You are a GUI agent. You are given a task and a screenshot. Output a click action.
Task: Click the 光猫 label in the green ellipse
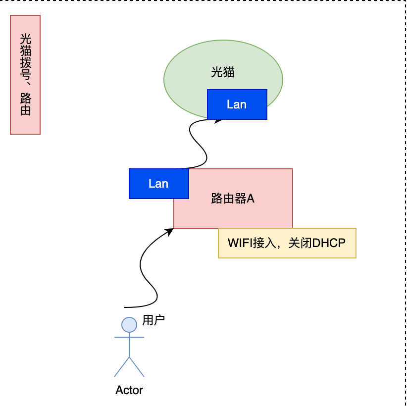pos(222,73)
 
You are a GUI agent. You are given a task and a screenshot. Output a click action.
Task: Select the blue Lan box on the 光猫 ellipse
pos(237,104)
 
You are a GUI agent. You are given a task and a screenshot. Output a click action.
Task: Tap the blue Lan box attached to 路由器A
pos(158,184)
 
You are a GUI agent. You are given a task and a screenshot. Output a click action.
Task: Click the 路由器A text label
pos(233,199)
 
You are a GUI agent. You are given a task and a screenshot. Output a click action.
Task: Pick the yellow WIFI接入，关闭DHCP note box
pos(287,243)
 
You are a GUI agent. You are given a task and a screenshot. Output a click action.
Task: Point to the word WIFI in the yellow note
pos(240,243)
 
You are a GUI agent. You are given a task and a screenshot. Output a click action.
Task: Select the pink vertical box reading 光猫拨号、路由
pos(25,75)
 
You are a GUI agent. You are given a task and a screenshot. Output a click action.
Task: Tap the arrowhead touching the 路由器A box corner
pos(170,230)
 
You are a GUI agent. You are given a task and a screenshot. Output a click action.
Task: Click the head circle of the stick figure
pos(129,324)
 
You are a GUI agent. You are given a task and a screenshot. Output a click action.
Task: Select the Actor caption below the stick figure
pos(129,390)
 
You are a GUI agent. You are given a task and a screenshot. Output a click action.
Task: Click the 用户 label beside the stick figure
pos(153,320)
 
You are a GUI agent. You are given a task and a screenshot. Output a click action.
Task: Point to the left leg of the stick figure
pos(122,367)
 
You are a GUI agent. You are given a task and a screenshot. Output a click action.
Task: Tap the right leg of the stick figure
pos(137,367)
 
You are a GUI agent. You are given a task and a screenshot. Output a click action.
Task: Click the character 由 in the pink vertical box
pos(25,110)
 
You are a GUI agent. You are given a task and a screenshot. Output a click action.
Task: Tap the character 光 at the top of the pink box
pos(25,39)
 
